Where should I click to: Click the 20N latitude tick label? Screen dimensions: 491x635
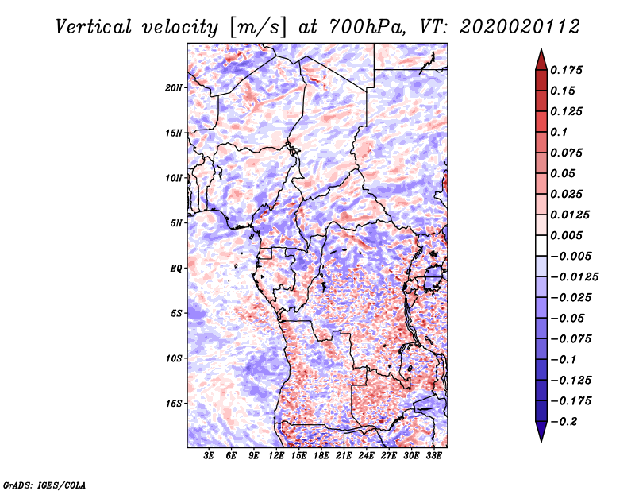pos(174,87)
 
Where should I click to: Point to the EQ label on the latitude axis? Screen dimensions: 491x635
pos(175,269)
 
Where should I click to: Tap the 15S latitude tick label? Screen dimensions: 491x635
pos(174,404)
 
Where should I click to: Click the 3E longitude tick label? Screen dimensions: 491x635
pos(209,455)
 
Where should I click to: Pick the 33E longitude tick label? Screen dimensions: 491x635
pos(434,455)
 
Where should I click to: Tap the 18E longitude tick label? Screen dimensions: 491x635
pos(321,455)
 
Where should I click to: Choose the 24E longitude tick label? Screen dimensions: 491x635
pos(367,455)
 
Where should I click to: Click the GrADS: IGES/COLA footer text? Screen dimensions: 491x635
pos(44,484)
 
